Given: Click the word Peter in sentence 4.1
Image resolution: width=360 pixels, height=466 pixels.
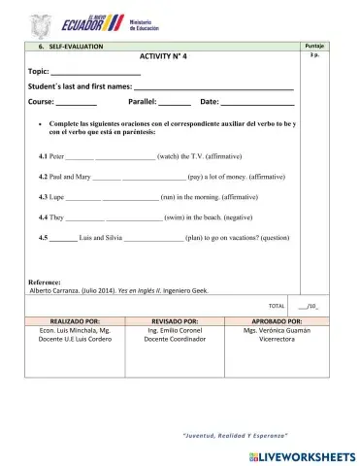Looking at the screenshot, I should click(56, 155).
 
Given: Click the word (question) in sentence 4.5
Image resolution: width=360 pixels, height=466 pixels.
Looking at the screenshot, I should click(270, 237).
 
